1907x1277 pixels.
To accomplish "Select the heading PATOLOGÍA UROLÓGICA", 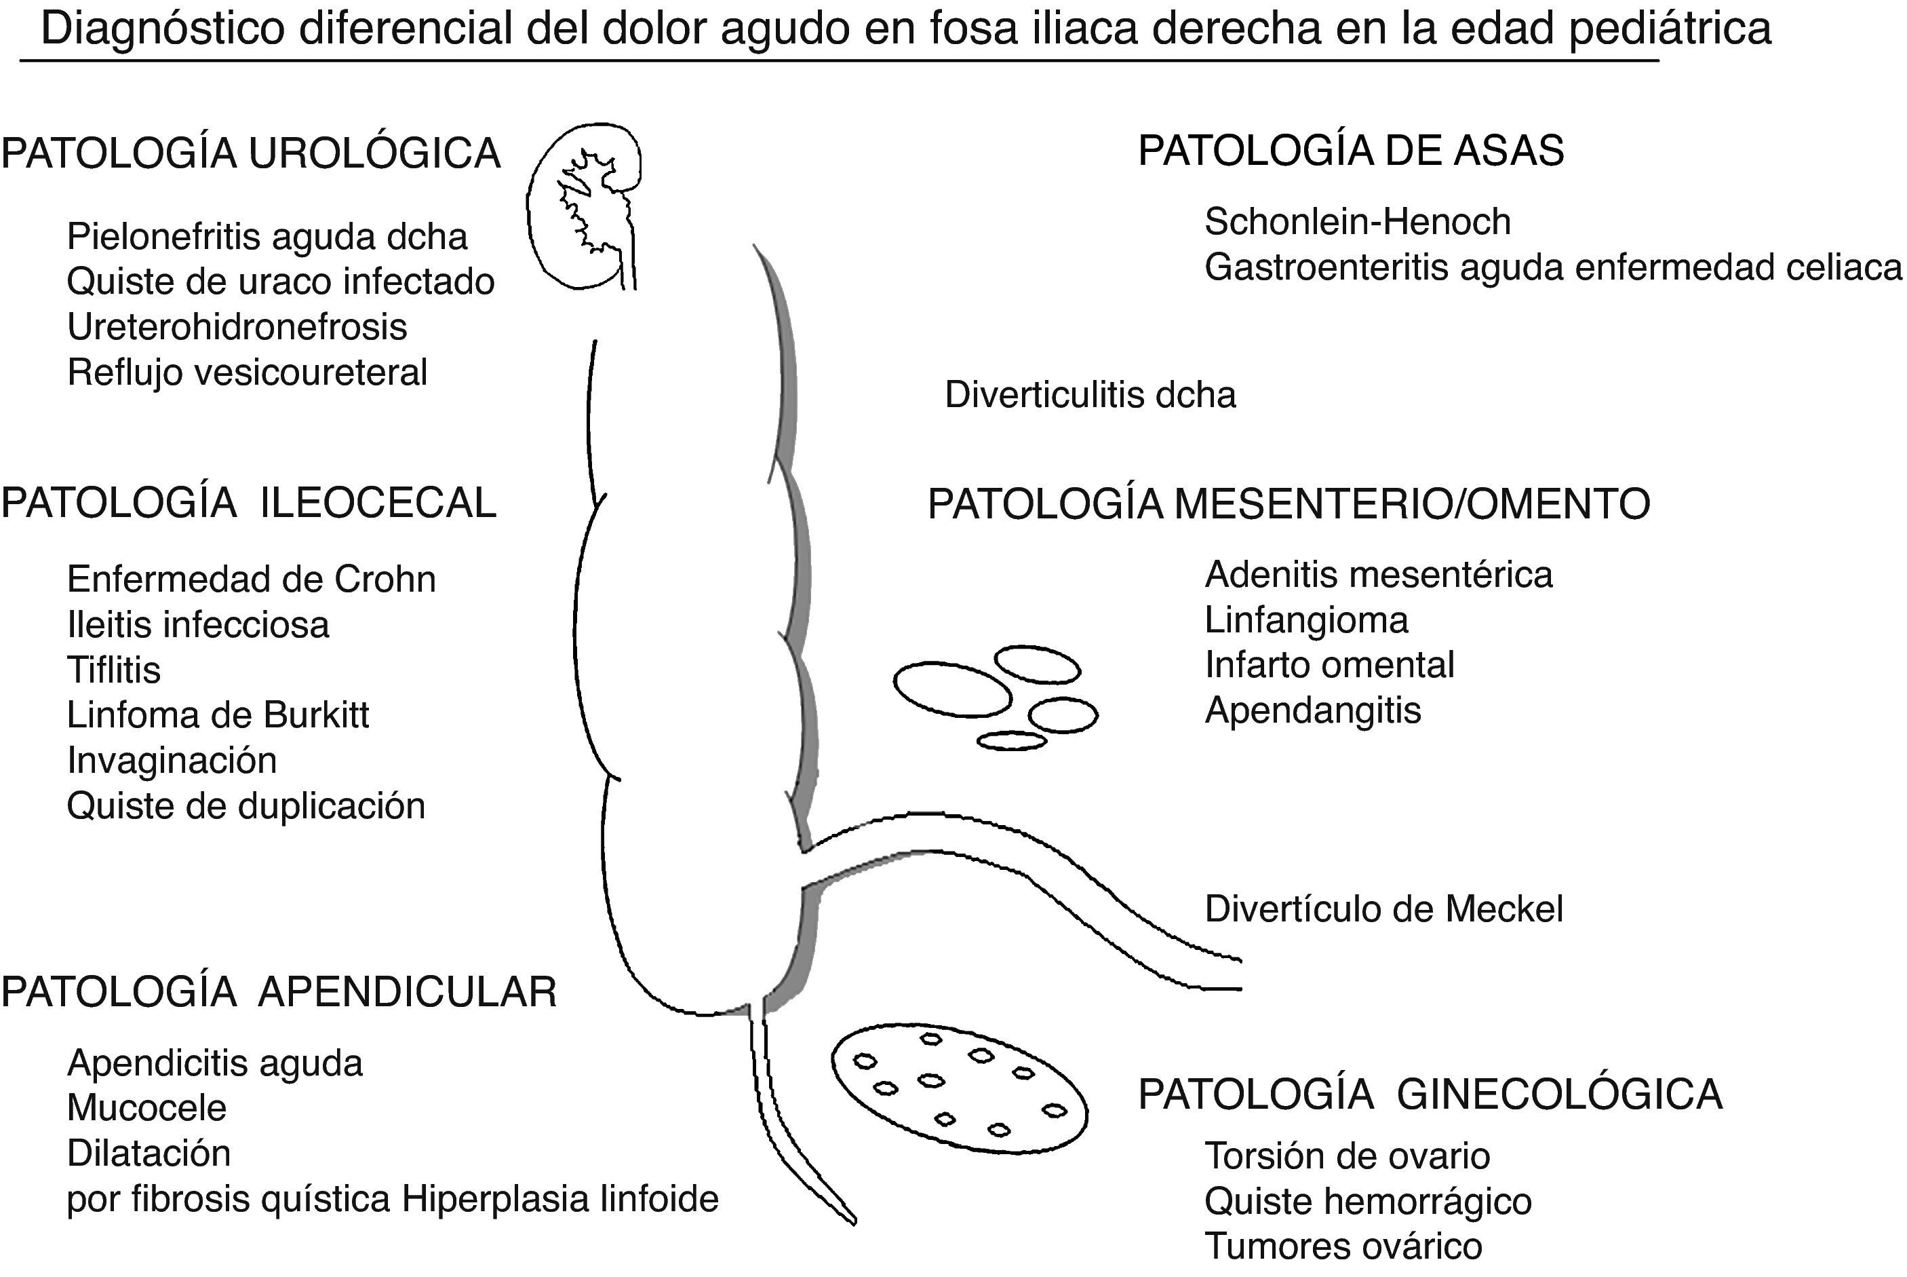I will pyautogui.click(x=251, y=154).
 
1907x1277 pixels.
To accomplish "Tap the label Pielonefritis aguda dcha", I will pyautogui.click(x=267, y=237).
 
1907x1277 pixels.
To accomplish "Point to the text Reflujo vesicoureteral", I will pyautogui.click(x=248, y=373).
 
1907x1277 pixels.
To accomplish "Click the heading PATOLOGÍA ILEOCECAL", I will pyautogui.click(x=249, y=503).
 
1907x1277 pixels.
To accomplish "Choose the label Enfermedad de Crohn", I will pyautogui.click(x=252, y=579).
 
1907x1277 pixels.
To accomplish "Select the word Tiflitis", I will pyautogui.click(x=114, y=670).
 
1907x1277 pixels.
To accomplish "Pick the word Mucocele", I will pyautogui.click(x=146, y=1107).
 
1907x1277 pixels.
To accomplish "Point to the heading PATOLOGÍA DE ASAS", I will pyautogui.click(x=1351, y=151).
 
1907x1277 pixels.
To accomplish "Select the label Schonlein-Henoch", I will pyautogui.click(x=1358, y=221).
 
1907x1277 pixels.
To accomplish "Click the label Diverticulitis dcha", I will pyautogui.click(x=1090, y=395).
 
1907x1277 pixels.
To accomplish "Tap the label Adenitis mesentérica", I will pyautogui.click(x=1379, y=575).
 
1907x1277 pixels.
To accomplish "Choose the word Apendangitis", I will pyautogui.click(x=1313, y=710).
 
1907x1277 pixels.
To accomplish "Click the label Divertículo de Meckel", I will pyautogui.click(x=1383, y=909).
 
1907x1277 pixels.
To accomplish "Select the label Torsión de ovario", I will pyautogui.click(x=1347, y=1156).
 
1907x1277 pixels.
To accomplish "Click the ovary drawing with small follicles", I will pyautogui.click(x=960, y=1088).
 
